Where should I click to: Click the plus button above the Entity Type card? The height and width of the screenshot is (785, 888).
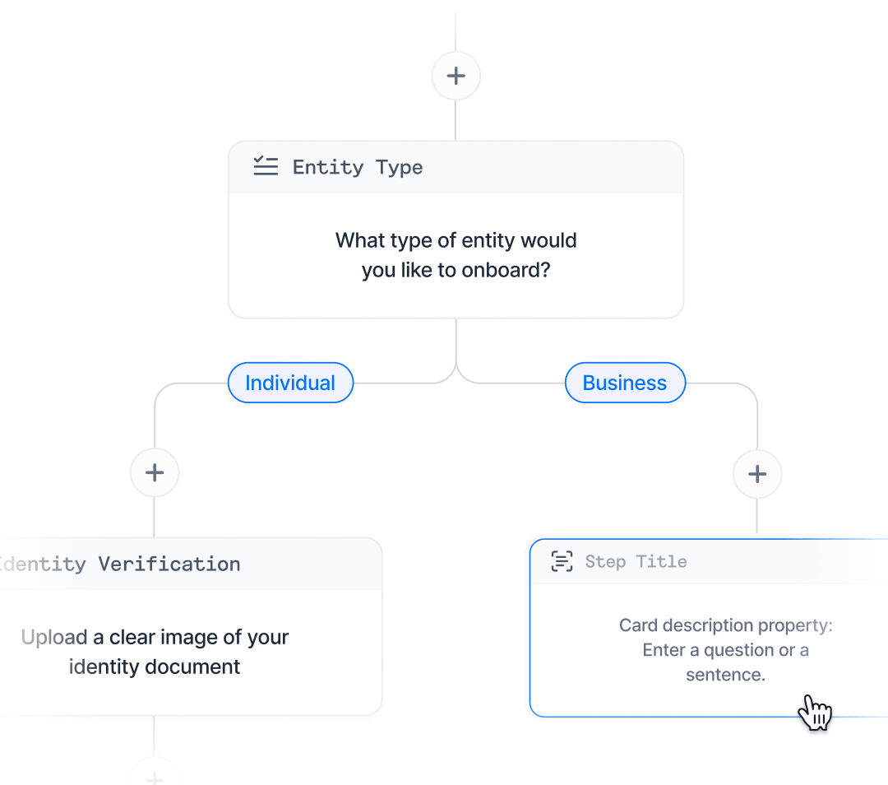click(x=456, y=76)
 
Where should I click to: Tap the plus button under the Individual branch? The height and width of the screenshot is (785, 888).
click(x=155, y=472)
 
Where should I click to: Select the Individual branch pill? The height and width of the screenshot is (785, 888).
click(x=290, y=383)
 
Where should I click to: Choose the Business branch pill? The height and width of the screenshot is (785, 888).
click(x=625, y=383)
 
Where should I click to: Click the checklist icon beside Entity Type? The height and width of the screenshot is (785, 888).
click(x=266, y=166)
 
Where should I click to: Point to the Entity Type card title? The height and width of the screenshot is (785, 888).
click(x=358, y=167)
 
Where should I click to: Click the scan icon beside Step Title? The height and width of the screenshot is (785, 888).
click(x=562, y=561)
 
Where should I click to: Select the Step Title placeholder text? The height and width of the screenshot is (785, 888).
click(x=636, y=562)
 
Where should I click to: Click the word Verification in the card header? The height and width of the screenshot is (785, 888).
click(x=169, y=564)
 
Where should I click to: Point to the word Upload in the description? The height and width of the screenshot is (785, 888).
click(x=54, y=637)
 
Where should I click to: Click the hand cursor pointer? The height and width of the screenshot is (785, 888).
click(x=815, y=713)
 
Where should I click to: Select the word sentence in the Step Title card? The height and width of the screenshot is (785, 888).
click(x=725, y=675)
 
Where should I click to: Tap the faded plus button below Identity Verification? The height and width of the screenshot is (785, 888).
click(x=155, y=777)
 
